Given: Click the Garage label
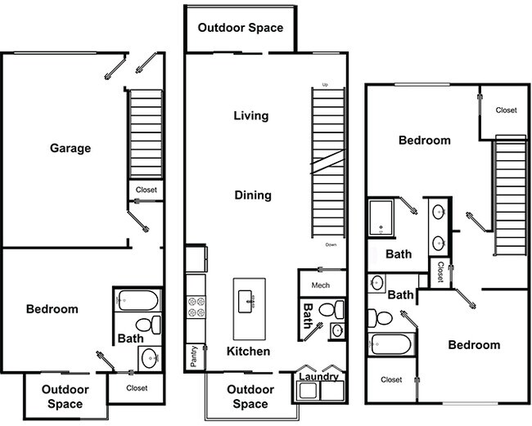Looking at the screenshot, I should (70, 148).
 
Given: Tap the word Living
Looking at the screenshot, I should (250, 115).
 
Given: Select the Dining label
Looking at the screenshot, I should (253, 195).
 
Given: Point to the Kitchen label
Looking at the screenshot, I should (248, 351).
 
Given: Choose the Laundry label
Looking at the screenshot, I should (318, 376).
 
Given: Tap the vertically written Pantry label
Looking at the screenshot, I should (193, 357).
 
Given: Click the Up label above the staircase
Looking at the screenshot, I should (325, 85).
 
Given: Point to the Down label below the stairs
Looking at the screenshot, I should (331, 244).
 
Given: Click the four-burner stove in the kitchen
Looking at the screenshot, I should (196, 306).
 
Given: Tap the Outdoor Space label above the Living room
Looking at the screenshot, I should (241, 28).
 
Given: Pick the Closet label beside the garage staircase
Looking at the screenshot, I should (146, 190).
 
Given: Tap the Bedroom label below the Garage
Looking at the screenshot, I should (52, 308).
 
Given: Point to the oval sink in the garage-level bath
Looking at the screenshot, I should (148, 356).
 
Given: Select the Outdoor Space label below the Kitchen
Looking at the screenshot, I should (250, 397).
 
